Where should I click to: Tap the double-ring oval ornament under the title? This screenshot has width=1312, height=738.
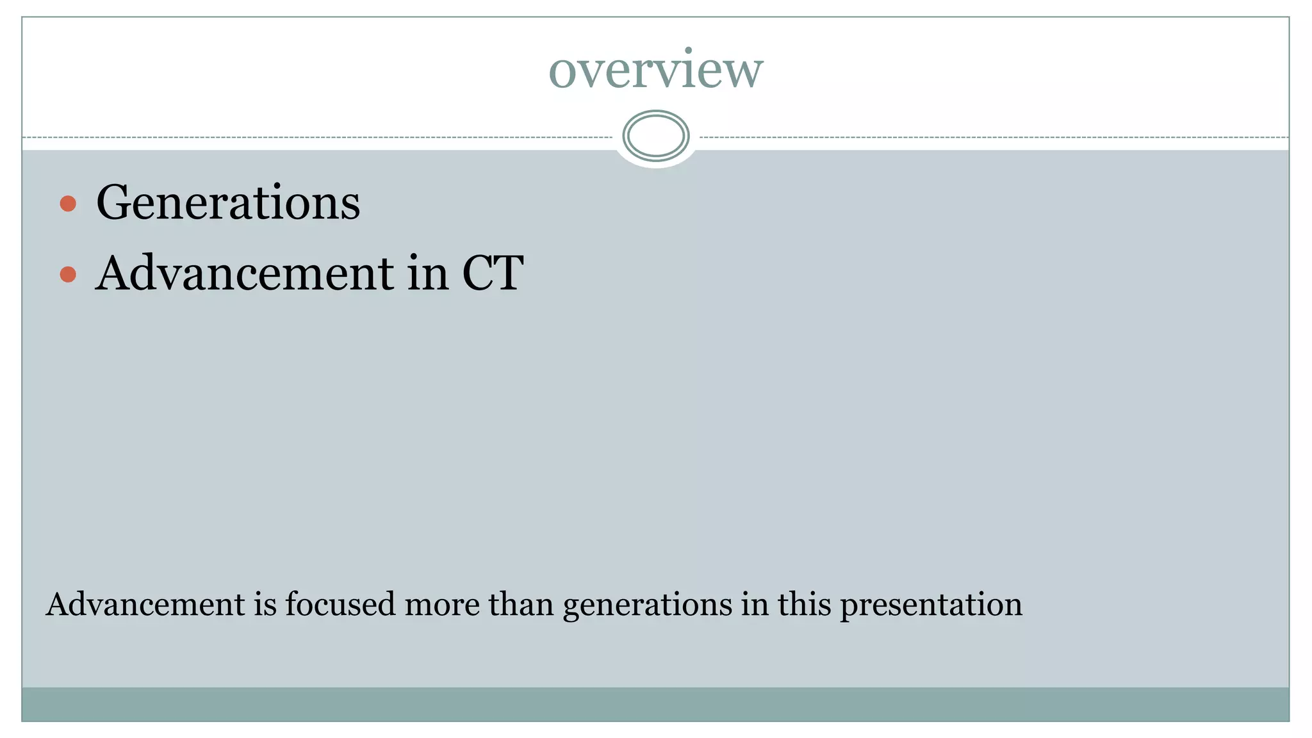[656, 136]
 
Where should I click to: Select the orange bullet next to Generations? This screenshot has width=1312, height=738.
[68, 204]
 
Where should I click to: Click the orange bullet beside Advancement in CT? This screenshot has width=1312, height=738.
[68, 274]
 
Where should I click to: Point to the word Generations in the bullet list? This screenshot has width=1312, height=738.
[228, 202]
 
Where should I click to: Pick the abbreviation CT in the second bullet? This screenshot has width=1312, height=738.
[493, 273]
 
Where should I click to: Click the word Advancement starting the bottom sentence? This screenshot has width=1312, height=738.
[145, 604]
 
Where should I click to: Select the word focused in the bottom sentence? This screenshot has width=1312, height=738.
[340, 604]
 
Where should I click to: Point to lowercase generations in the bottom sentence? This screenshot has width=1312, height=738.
[648, 605]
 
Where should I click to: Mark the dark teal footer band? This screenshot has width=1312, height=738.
[656, 704]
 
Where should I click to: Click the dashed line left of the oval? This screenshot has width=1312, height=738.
[320, 138]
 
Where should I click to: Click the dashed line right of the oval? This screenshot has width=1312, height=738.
[993, 138]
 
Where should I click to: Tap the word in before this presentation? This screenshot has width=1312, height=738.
[755, 604]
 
